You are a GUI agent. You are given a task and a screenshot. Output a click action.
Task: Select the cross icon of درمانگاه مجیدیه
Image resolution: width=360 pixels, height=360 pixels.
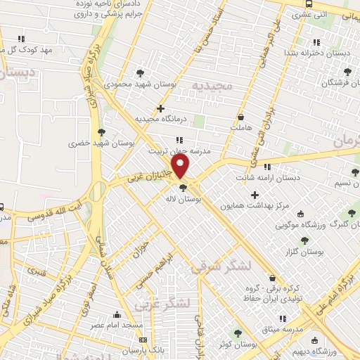pos(161,109)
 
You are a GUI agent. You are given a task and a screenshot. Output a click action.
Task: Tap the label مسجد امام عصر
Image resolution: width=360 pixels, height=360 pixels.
pos(117,326)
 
